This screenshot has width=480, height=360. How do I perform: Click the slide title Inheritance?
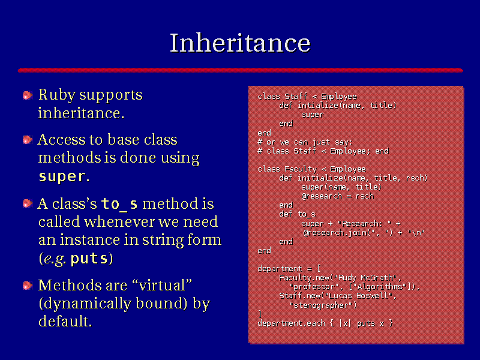(240, 43)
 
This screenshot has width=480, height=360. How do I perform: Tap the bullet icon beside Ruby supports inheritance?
(28, 95)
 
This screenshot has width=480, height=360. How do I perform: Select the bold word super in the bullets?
(62, 176)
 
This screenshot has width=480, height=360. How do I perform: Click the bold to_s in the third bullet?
(119, 204)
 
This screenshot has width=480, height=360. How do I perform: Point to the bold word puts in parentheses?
(89, 259)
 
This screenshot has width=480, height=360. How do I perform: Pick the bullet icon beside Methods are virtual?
(28, 286)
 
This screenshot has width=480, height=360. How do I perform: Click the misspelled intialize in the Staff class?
(318, 106)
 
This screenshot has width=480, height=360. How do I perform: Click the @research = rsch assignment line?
(337, 196)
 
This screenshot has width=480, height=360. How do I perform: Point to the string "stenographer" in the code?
(323, 305)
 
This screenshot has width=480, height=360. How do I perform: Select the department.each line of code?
(325, 323)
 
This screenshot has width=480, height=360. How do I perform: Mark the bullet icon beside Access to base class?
(28, 140)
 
